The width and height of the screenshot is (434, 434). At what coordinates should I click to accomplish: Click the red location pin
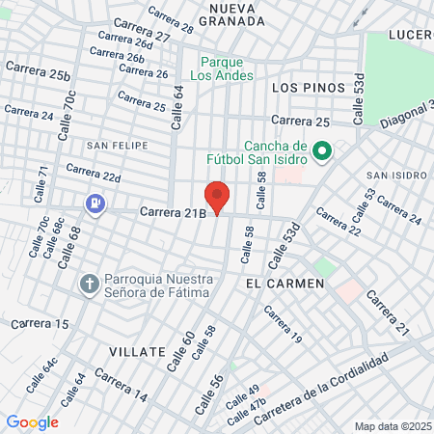click(217, 197)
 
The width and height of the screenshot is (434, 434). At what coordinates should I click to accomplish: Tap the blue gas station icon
click(95, 203)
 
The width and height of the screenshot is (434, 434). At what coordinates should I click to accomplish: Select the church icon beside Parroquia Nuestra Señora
click(89, 284)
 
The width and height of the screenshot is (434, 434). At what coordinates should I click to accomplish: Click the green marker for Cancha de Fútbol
click(323, 151)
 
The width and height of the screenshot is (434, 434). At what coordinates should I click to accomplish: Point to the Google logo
click(32, 422)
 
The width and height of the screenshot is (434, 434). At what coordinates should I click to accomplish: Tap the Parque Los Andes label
click(222, 68)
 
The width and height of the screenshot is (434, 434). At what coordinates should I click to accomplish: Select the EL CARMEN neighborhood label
click(280, 285)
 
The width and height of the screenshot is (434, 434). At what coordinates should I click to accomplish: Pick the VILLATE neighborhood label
click(137, 352)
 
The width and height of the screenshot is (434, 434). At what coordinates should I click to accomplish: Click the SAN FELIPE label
click(118, 146)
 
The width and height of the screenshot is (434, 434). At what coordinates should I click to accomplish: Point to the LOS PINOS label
click(308, 88)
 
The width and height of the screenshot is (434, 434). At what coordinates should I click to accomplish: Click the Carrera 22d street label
click(93, 173)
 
